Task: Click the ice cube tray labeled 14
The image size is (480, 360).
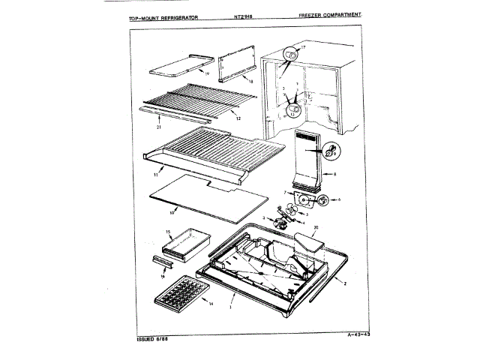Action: tap(181, 295)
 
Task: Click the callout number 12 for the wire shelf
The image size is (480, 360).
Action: tap(236, 118)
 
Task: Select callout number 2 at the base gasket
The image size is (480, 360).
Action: tap(343, 283)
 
